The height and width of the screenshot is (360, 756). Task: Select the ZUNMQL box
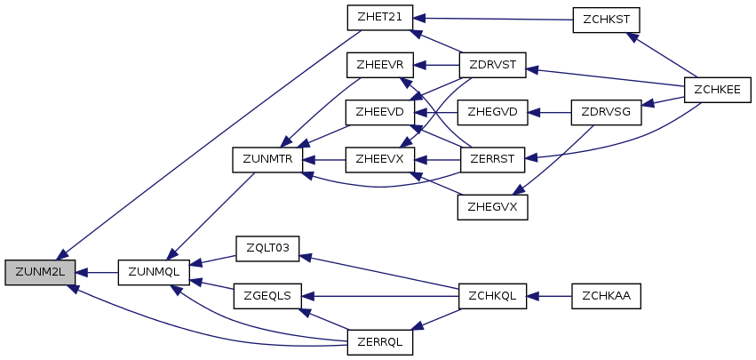(154, 273)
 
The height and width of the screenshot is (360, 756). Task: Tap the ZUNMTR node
(267, 160)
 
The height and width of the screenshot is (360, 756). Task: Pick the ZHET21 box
(379, 18)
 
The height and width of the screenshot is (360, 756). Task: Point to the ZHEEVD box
(379, 112)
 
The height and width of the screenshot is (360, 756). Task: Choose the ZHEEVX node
(379, 160)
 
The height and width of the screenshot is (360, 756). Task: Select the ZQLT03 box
(267, 247)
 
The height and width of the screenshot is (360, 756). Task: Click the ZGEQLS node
(267, 295)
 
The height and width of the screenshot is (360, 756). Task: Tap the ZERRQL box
(379, 341)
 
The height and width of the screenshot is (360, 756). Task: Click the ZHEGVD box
(492, 112)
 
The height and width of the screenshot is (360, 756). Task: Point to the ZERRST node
(492, 160)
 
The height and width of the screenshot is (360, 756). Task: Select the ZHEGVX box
(492, 207)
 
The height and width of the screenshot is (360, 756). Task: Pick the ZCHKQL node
(492, 295)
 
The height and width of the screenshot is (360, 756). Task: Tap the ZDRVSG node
(606, 112)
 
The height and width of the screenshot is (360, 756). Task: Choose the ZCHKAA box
(606, 295)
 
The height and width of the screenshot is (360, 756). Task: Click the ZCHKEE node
(719, 89)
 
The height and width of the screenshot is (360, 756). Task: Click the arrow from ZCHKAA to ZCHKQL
(550, 295)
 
